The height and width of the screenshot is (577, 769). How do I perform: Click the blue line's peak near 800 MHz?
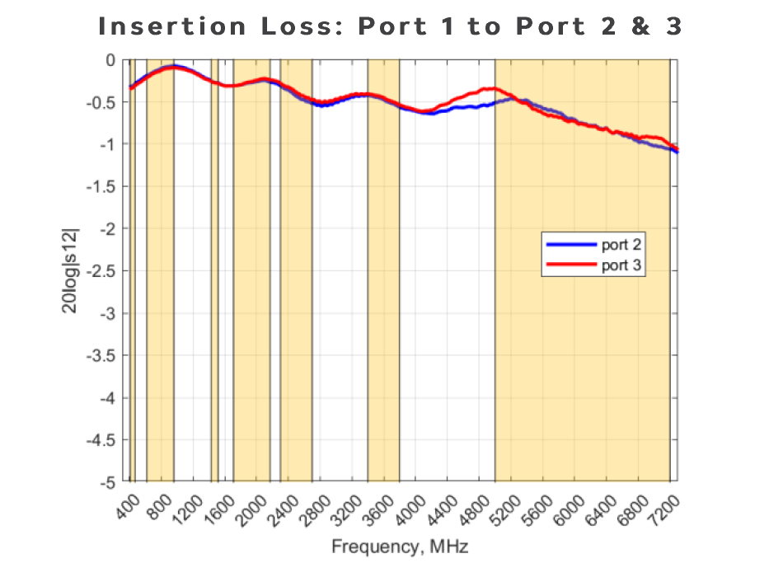173,65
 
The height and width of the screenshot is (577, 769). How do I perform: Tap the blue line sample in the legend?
570,244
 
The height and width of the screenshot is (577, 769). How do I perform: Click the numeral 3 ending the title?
674,26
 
